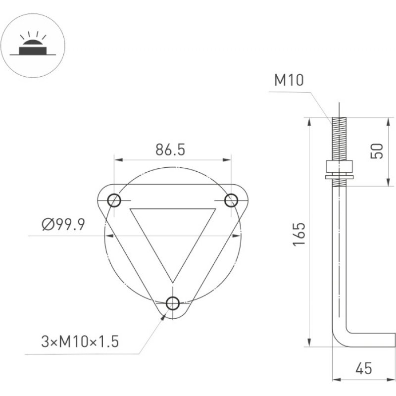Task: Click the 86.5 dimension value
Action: point(170,149)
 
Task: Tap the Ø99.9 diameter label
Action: point(63,224)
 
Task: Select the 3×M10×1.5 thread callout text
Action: point(80,342)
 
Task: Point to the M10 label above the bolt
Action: point(289,80)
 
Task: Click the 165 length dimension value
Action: point(299,234)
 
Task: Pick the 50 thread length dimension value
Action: point(377,151)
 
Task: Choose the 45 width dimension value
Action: point(364,368)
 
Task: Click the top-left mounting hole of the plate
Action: point(114,200)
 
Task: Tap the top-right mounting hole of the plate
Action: point(231,200)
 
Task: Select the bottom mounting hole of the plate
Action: point(173,303)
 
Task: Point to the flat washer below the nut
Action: point(339,177)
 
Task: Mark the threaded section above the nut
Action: point(339,139)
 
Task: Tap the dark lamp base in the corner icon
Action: point(33,50)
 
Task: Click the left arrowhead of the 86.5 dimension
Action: point(118,159)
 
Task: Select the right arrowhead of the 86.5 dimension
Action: point(227,159)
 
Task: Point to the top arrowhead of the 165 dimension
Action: point(309,122)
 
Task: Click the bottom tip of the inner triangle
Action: point(173,283)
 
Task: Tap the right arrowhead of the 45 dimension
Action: point(391,380)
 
